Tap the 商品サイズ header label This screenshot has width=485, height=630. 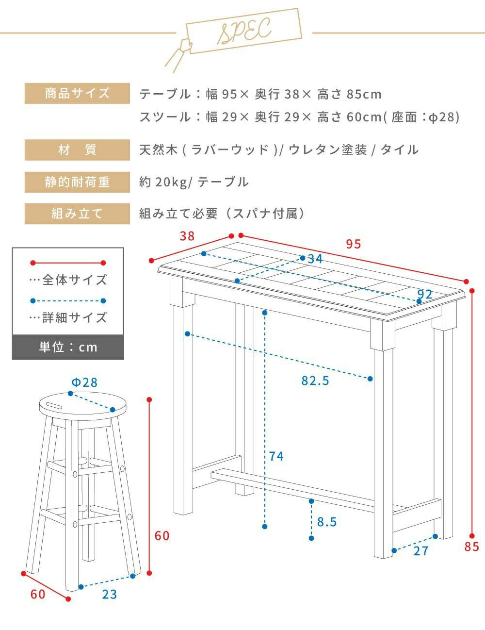[x=77, y=93]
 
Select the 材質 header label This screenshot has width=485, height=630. [x=77, y=150]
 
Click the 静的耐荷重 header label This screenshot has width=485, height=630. [x=77, y=182]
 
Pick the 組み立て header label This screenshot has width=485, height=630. [x=77, y=214]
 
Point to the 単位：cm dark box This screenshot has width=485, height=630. [x=68, y=348]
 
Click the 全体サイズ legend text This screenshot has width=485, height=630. [x=68, y=280]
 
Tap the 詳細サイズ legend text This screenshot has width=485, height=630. [x=68, y=317]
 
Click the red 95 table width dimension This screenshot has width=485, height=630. [x=354, y=244]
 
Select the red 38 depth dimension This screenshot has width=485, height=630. [x=187, y=236]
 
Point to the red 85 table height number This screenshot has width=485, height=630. [x=472, y=547]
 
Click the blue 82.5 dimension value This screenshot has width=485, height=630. [x=315, y=381]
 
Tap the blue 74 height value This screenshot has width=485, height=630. [x=276, y=456]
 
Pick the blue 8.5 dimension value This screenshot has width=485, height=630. [x=327, y=522]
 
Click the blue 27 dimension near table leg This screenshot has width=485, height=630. [x=421, y=551]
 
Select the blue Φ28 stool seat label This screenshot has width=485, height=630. [x=84, y=382]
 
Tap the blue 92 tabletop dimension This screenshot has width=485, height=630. [x=425, y=295]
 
